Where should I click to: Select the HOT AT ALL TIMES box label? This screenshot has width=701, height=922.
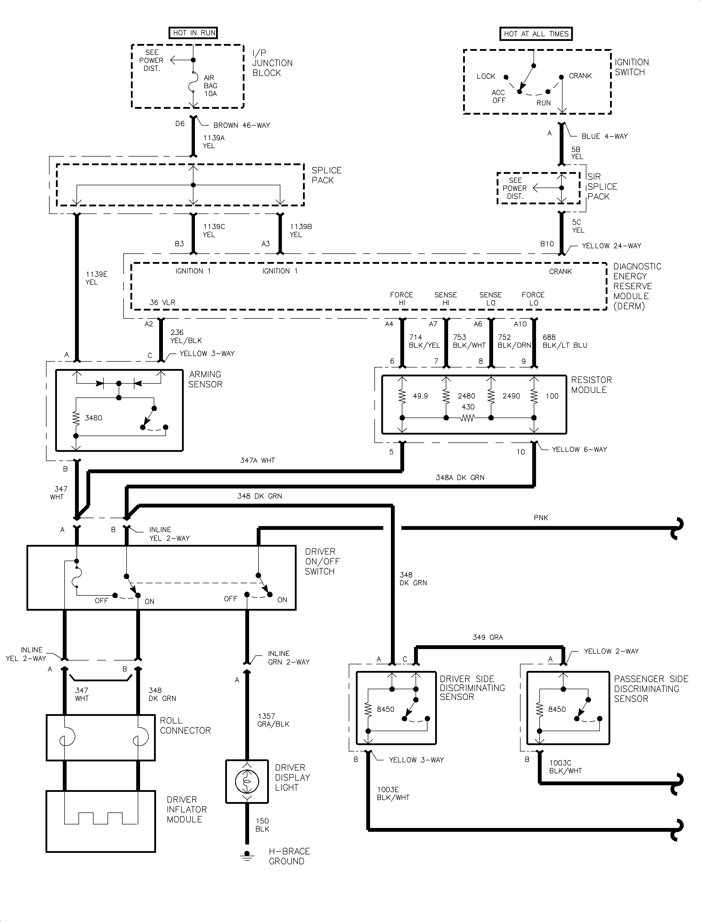click(536, 34)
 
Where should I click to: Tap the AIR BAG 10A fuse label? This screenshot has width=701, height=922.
click(210, 86)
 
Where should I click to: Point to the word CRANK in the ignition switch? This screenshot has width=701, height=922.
click(580, 76)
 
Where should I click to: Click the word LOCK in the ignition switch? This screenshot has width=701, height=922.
click(486, 76)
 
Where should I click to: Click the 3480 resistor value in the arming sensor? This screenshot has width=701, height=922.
click(94, 418)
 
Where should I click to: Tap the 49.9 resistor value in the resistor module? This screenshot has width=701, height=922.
click(420, 396)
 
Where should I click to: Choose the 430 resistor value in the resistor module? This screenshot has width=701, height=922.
click(468, 407)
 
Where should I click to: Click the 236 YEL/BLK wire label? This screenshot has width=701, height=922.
click(186, 336)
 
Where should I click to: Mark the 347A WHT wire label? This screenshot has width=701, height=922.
click(257, 460)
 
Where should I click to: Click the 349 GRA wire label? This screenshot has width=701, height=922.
click(487, 637)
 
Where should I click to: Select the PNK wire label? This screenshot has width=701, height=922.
click(541, 518)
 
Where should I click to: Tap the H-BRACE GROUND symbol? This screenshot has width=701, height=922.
click(247, 856)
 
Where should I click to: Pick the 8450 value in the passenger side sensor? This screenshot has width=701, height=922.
click(557, 709)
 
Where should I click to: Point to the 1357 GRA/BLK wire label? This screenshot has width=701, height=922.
click(273, 720)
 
